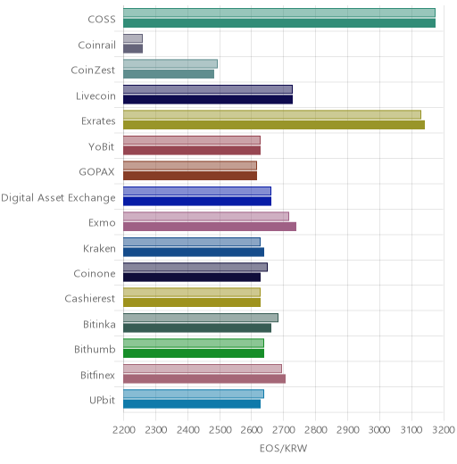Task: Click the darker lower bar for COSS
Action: pyautogui.click(x=279, y=23)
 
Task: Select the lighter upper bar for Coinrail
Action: pyautogui.click(x=133, y=38)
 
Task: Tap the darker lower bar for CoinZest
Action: pyautogui.click(x=169, y=74)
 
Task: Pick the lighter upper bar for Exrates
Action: pyautogui.click(x=272, y=115)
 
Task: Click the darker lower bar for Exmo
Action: pyautogui.click(x=210, y=227)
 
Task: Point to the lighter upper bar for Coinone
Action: pyautogui.click(x=195, y=267)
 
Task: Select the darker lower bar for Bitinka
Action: pyautogui.click(x=197, y=328)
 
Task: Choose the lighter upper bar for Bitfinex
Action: pyautogui.click(x=203, y=369)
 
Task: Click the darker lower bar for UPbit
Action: pyautogui.click(x=192, y=404)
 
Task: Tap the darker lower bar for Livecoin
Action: pyautogui.click(x=208, y=100)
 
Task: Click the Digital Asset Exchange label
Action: pyautogui.click(x=58, y=198)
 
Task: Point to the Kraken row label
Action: pyautogui.click(x=99, y=248)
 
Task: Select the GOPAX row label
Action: pyautogui.click(x=96, y=172)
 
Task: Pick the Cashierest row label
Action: pyautogui.click(x=90, y=299)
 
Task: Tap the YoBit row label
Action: pyautogui.click(x=102, y=146)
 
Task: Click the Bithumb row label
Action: pyautogui.click(x=95, y=349)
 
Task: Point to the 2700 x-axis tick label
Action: pyautogui.click(x=284, y=430)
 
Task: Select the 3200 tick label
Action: pyautogui.click(x=444, y=430)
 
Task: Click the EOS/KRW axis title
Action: pyautogui.click(x=283, y=448)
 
